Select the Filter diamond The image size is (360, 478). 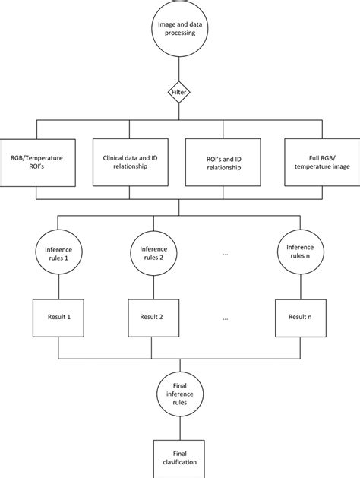click(179, 92)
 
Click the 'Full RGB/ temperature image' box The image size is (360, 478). click(314, 162)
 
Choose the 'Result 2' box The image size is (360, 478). click(153, 315)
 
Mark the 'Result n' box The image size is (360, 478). click(298, 315)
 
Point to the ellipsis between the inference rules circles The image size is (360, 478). click(226, 253)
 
